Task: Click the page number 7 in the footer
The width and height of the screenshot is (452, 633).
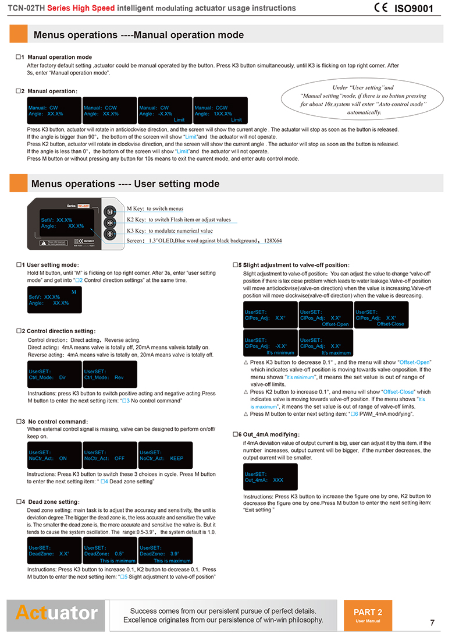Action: pos(432,622)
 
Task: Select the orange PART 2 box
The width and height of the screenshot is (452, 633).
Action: pos(368,615)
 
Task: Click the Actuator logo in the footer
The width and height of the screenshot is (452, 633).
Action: pos(57,613)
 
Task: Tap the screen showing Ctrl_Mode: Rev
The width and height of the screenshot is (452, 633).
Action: pos(110,374)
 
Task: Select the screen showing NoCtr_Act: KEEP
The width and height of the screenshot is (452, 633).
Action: pos(166,455)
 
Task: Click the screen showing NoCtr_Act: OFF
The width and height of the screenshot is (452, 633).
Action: pos(110,455)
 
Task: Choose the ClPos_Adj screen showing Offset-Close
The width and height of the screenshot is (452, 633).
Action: pos(381,314)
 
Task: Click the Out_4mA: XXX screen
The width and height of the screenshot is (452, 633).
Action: pos(270,477)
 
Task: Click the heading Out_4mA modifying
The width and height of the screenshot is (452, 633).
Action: pos(268,434)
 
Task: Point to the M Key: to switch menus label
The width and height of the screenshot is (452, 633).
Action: pos(155,208)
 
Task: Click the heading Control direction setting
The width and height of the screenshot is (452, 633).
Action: pos(60,331)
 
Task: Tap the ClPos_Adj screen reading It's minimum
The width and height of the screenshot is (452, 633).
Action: pos(271,343)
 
